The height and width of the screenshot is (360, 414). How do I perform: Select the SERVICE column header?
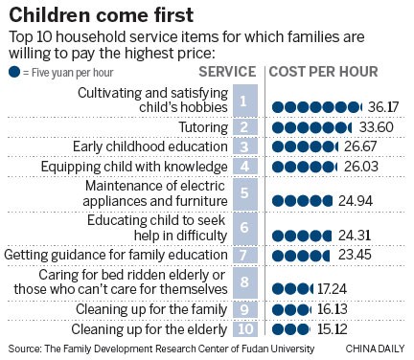(x=227, y=72)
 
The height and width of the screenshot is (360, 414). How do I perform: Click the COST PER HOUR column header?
(x=323, y=72)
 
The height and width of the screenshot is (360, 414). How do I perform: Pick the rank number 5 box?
(x=245, y=192)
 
